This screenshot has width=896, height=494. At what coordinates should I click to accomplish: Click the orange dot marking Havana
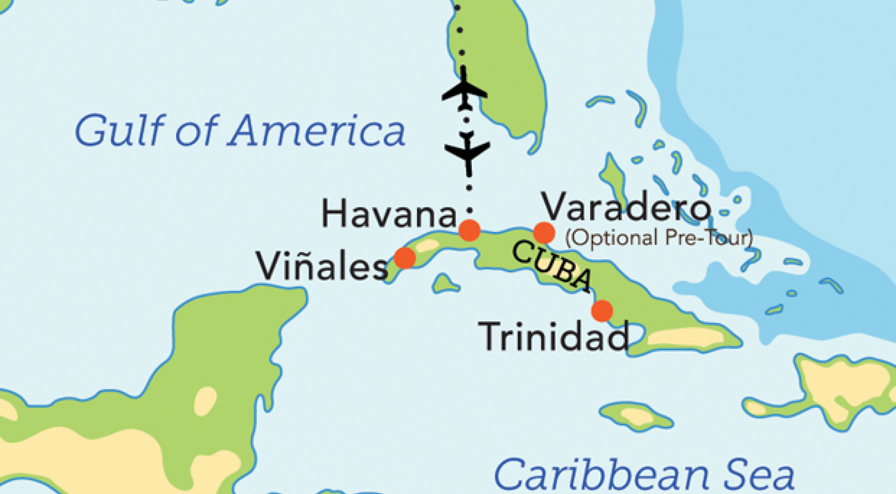(x=469, y=230)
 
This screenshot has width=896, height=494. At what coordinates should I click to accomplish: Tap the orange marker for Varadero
(x=544, y=233)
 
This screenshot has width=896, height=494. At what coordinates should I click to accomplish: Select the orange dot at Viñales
(x=405, y=258)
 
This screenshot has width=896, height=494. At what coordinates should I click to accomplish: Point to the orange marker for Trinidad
(x=602, y=311)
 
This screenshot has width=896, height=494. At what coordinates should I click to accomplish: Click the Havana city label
(x=389, y=214)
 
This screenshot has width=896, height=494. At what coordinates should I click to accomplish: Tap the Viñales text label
(x=322, y=266)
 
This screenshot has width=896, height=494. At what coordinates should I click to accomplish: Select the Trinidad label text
(x=553, y=337)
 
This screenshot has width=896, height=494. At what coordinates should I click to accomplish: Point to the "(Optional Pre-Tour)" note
(x=659, y=237)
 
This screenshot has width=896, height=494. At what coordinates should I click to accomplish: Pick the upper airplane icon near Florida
(x=464, y=91)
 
